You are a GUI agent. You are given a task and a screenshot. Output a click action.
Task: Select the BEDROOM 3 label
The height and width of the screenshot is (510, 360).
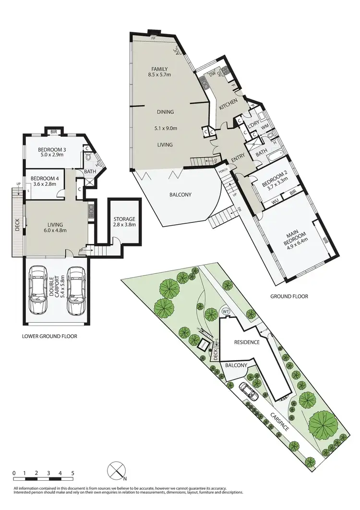[x=54, y=148]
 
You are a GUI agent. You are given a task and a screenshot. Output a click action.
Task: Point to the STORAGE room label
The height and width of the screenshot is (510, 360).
[x=124, y=219]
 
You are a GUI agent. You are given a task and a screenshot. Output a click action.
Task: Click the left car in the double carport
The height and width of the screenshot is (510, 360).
[x=37, y=290]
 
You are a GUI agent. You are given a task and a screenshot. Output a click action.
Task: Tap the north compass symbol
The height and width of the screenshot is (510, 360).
[x=116, y=471]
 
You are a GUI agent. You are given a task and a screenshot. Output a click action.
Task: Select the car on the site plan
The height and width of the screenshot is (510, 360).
[x=248, y=391]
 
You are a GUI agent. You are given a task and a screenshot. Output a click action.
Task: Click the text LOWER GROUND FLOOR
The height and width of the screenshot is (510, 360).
[x=49, y=336]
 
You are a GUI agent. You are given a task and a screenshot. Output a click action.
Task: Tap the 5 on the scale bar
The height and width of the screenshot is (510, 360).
[x=72, y=473]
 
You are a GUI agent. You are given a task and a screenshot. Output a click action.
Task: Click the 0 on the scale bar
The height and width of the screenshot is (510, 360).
[x=14, y=473]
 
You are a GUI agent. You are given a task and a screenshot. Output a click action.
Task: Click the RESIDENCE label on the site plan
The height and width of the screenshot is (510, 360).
[x=247, y=342]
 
